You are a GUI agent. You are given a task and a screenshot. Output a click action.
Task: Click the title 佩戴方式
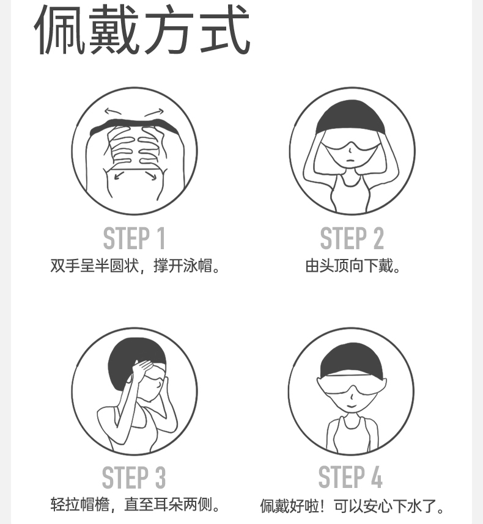pyautogui.click(x=142, y=29)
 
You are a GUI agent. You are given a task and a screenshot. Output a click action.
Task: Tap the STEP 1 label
pyautogui.click(x=134, y=238)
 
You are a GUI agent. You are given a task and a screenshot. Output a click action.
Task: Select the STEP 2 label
pyautogui.click(x=352, y=238)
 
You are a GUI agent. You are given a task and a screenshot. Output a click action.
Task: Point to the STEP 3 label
pyautogui.click(x=134, y=477)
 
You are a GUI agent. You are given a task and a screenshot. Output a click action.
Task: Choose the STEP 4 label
pyautogui.click(x=350, y=477)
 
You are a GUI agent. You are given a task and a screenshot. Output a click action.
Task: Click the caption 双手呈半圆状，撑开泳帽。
pyautogui.click(x=135, y=266)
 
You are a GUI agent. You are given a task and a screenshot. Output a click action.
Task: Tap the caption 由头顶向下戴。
pyautogui.click(x=353, y=266)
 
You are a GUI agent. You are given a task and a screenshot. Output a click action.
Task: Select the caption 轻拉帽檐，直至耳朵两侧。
pyautogui.click(x=135, y=504)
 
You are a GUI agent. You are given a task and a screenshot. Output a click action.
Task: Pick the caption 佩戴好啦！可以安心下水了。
pyautogui.click(x=352, y=506)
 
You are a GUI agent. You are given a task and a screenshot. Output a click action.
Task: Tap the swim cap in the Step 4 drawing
pyautogui.click(x=350, y=360)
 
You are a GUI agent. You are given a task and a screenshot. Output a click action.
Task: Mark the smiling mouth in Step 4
pyautogui.click(x=351, y=406)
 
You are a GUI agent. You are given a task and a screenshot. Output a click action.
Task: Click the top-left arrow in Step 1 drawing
pyautogui.click(x=113, y=111)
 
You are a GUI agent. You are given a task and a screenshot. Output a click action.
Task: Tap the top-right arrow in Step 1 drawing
pyautogui.click(x=154, y=112)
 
